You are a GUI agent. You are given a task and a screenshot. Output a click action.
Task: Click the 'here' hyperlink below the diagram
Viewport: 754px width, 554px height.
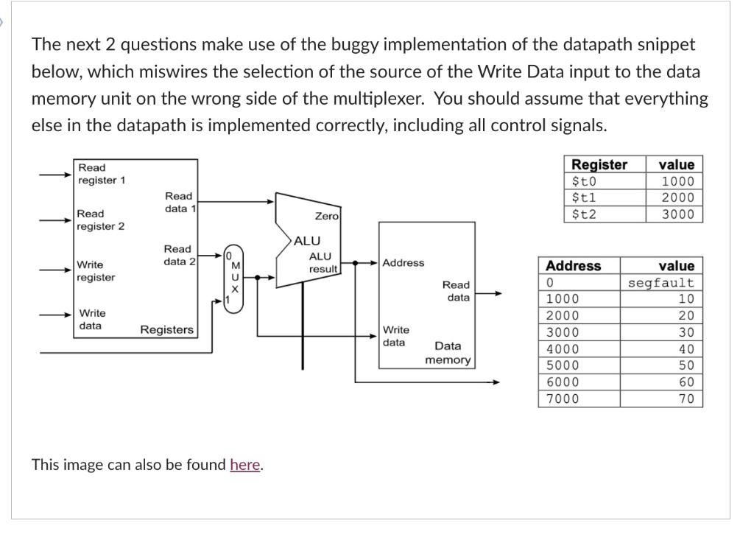(x=244, y=465)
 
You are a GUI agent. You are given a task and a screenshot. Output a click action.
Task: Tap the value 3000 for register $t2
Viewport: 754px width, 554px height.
(x=677, y=214)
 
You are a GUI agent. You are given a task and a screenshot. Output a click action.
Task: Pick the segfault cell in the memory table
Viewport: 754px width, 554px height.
(x=660, y=283)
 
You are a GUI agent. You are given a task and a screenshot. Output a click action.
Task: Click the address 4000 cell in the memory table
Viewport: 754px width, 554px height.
(x=563, y=349)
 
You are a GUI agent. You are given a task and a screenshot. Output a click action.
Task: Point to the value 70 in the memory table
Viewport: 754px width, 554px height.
(x=686, y=399)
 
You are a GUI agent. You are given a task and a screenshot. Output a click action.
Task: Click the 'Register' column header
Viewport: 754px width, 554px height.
(x=599, y=165)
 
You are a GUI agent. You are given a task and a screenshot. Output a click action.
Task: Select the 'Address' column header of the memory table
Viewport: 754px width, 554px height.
(x=573, y=266)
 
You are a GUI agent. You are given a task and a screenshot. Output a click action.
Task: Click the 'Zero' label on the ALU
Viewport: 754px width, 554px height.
(x=326, y=216)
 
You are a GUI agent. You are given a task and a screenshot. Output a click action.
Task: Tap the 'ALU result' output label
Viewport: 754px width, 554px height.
(x=321, y=262)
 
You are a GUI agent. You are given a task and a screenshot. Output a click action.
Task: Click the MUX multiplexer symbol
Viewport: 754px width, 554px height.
(x=235, y=278)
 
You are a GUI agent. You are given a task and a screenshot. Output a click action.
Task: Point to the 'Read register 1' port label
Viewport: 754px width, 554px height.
(x=102, y=174)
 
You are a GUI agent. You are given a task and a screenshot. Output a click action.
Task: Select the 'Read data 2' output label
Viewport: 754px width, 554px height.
(x=179, y=255)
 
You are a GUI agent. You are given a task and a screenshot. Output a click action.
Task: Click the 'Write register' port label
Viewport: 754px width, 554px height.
(x=96, y=270)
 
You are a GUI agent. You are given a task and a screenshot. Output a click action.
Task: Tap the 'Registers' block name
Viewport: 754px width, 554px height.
(x=166, y=329)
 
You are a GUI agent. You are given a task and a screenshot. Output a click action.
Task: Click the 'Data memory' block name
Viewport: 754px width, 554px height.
(x=448, y=353)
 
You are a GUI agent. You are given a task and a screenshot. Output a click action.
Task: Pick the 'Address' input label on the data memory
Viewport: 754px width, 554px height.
(x=403, y=263)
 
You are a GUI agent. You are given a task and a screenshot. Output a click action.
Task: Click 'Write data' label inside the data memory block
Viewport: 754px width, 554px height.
(x=395, y=336)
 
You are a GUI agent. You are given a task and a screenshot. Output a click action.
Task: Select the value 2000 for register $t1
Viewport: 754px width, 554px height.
(x=677, y=197)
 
